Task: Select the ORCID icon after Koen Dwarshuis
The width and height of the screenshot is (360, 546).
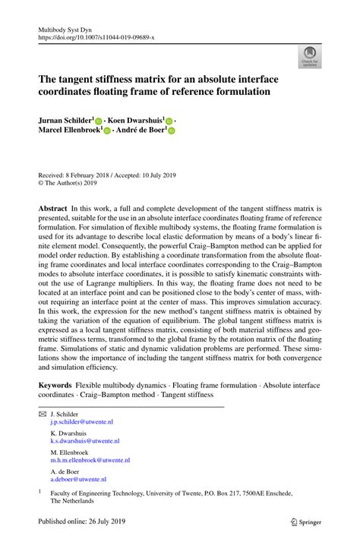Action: pos(169,120)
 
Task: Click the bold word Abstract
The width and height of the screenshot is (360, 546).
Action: pos(53,207)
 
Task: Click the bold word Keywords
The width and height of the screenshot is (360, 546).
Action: pos(55,386)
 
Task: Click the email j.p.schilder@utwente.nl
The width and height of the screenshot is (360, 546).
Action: pos(81,421)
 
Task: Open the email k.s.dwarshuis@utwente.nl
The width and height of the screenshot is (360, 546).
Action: pos(85,440)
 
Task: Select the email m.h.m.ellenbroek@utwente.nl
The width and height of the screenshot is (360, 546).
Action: pos(90,459)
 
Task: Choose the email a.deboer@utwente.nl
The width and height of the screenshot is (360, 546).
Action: pos(78,479)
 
